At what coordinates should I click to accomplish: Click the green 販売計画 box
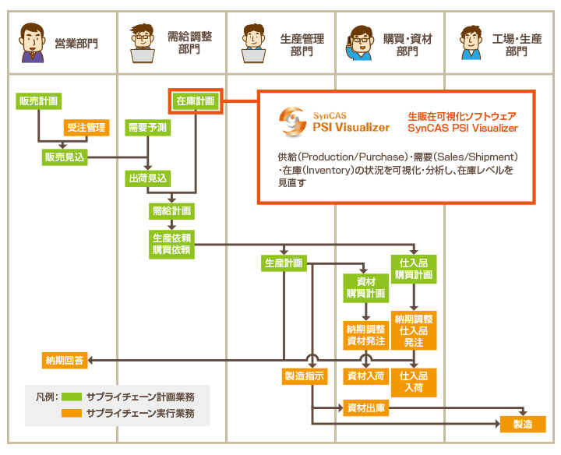click(x=37, y=101)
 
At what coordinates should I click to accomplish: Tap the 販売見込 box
click(x=65, y=157)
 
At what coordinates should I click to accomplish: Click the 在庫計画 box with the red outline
click(x=196, y=101)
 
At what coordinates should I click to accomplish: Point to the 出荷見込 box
click(x=147, y=178)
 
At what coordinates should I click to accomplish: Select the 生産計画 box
click(x=283, y=263)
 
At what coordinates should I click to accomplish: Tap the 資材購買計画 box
click(x=365, y=287)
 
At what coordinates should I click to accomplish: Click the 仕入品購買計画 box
click(x=414, y=269)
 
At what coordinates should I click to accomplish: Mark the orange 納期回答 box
click(x=65, y=360)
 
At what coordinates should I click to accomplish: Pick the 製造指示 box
click(x=305, y=376)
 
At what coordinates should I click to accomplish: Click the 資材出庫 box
click(x=365, y=407)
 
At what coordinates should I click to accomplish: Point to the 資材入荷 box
click(x=365, y=376)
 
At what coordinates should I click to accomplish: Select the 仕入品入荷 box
click(x=414, y=382)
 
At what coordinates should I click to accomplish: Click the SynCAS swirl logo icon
click(x=292, y=119)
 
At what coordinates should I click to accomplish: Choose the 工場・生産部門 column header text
click(x=517, y=44)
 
